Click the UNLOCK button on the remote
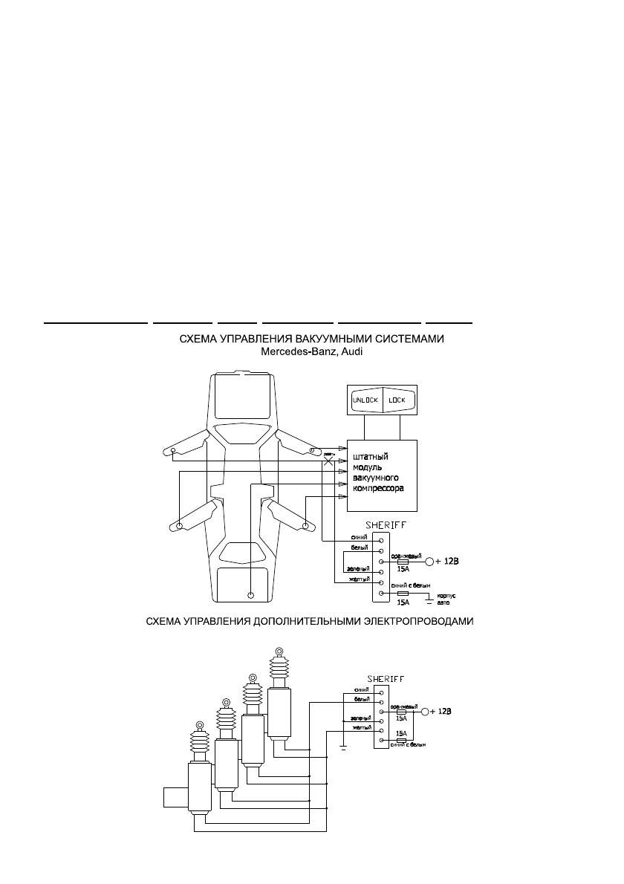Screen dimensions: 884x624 point(365,400)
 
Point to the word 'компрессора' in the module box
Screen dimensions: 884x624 point(377,490)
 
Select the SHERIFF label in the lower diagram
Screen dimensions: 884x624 point(386,678)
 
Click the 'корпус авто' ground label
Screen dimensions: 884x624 point(444,599)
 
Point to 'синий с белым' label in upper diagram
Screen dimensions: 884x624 point(411,585)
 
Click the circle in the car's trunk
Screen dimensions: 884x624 point(250,595)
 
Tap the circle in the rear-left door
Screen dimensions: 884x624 point(180,526)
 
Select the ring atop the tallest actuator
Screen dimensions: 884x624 point(279,651)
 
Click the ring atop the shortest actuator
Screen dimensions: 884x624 point(199,725)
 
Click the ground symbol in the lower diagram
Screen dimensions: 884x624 point(343,747)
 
